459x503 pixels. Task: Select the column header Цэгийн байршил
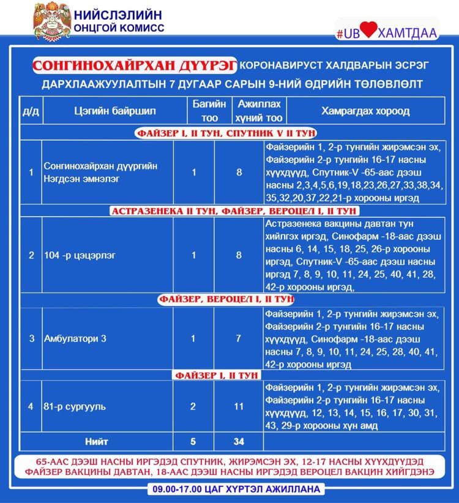click(114, 111)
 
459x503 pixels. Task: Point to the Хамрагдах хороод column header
click(365, 111)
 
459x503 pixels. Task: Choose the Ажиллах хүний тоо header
click(259, 111)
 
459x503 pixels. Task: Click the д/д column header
click(31, 111)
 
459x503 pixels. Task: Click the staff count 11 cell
click(239, 406)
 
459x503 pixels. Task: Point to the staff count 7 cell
click(239, 338)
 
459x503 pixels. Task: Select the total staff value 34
click(239, 441)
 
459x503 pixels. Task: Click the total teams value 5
click(194, 441)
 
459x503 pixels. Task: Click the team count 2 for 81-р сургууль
click(194, 406)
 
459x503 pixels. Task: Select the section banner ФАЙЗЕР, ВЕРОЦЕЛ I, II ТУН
click(226, 300)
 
